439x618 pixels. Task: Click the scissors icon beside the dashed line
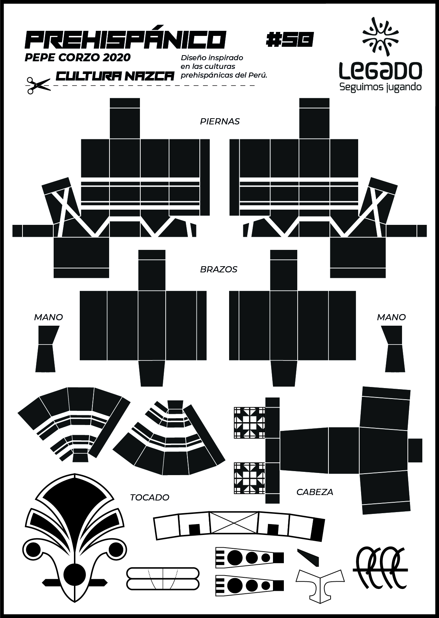pyautogui.click(x=38, y=86)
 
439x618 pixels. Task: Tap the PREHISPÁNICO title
pyautogui.click(x=125, y=40)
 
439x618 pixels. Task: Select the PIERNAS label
pyautogui.click(x=220, y=121)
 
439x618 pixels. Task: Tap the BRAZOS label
pyautogui.click(x=219, y=269)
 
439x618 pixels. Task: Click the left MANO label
pyautogui.click(x=48, y=317)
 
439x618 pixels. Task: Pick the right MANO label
pyautogui.click(x=391, y=317)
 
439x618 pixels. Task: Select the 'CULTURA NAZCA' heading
pyautogui.click(x=115, y=76)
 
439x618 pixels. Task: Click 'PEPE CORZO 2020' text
pyautogui.click(x=78, y=58)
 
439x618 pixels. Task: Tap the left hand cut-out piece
pyautogui.click(x=47, y=349)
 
